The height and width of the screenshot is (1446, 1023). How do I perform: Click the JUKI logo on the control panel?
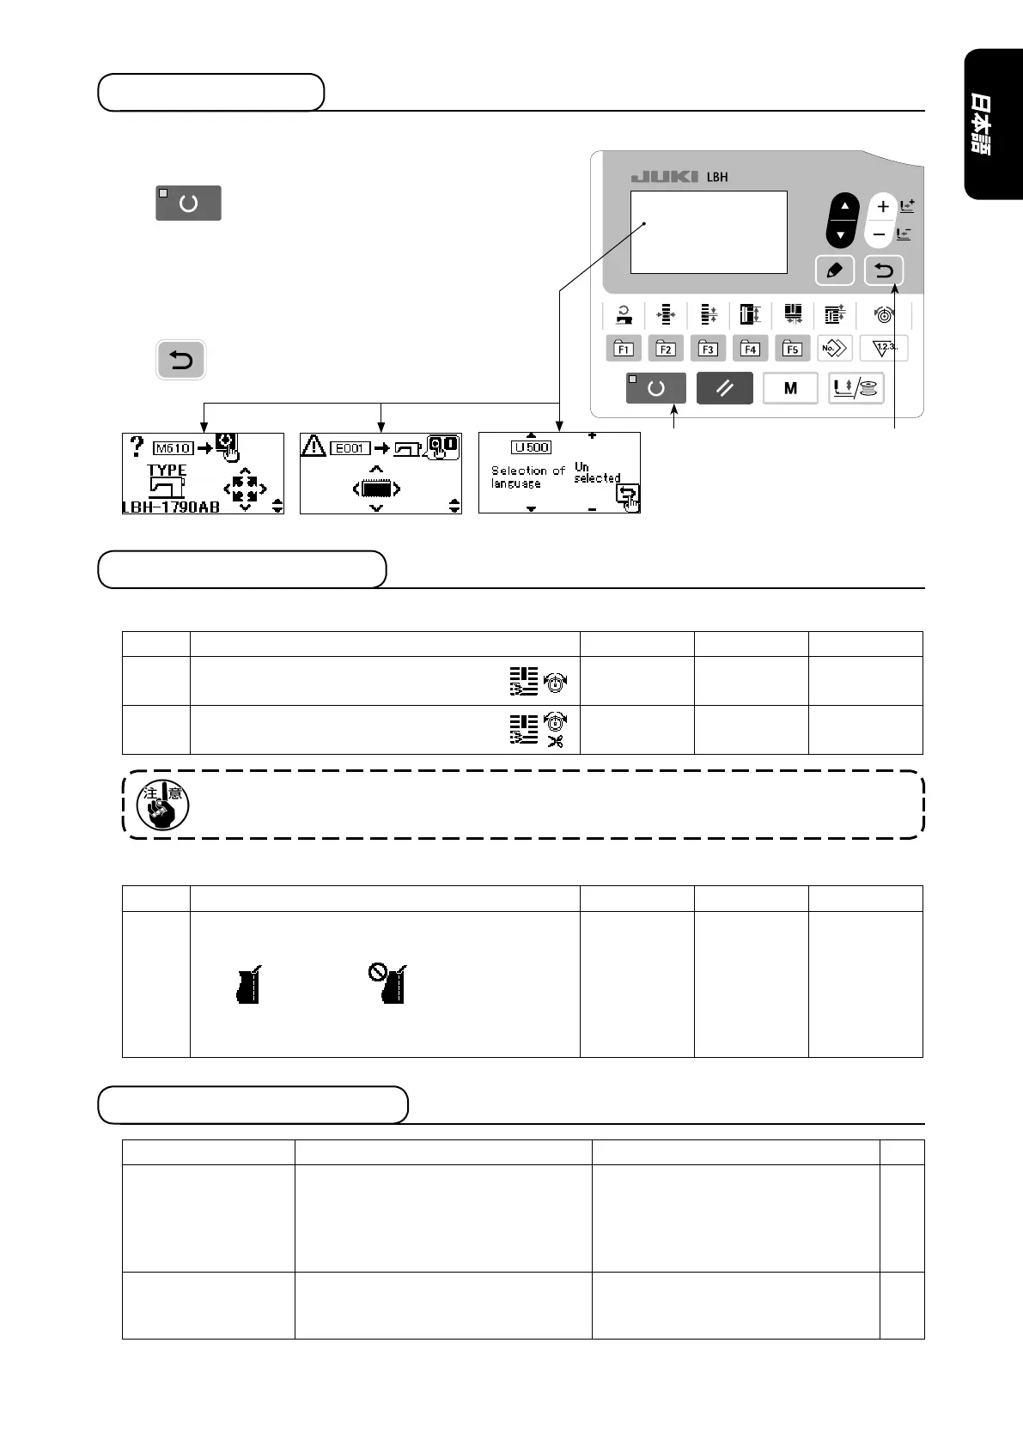coord(664,177)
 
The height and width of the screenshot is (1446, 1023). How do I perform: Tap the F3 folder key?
coord(708,349)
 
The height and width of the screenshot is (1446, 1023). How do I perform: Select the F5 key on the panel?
coord(793,349)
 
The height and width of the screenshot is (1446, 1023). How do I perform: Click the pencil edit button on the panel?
coord(834,270)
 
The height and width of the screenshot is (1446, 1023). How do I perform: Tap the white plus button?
coord(882,207)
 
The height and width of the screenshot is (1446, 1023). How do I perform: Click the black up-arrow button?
coord(843,207)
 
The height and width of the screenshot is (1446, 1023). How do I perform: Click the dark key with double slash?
coord(725,388)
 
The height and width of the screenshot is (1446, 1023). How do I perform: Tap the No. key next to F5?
coord(835,349)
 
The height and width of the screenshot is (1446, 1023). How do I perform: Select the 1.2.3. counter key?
coord(884,348)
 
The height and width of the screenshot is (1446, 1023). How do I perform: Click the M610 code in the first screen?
coord(173,448)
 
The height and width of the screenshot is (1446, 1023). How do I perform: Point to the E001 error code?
coord(350,448)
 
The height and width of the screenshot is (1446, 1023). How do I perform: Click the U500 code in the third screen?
coord(532,447)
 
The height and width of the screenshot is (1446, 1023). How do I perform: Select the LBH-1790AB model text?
coord(171,507)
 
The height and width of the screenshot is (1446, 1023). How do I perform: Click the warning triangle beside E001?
coord(313,446)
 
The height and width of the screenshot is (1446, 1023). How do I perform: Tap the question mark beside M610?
coord(137,447)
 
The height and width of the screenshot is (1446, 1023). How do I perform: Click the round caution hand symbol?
coord(162,805)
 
